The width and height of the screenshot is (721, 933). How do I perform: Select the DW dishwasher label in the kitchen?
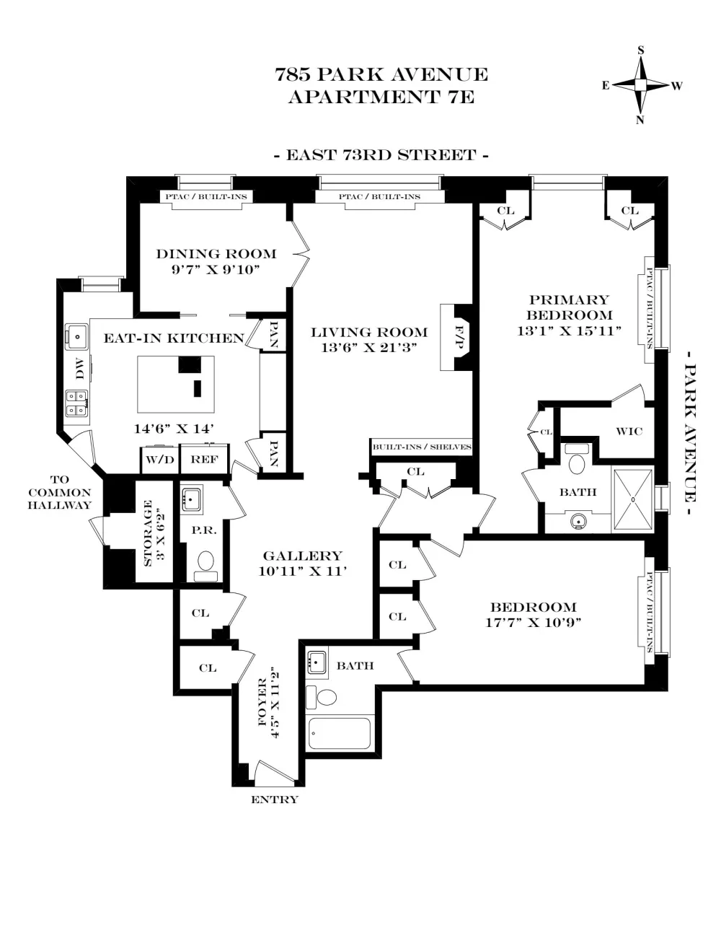point(80,369)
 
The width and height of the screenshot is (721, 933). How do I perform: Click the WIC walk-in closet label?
point(629,431)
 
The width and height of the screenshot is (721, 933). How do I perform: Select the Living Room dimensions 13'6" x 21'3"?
point(369,347)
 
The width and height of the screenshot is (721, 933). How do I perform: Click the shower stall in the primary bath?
point(632,499)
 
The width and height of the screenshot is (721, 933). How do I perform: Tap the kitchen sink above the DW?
point(77,337)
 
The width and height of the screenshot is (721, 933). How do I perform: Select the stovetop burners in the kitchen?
point(76,403)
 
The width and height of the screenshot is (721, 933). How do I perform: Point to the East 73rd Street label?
point(381,155)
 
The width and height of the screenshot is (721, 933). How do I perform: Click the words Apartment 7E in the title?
point(381,97)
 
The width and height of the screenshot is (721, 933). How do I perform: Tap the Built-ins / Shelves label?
point(422,447)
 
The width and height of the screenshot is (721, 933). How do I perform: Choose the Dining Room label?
point(216,254)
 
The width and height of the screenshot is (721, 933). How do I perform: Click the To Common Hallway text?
point(60,492)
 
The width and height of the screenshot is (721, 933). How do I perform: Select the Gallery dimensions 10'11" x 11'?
point(302,571)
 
